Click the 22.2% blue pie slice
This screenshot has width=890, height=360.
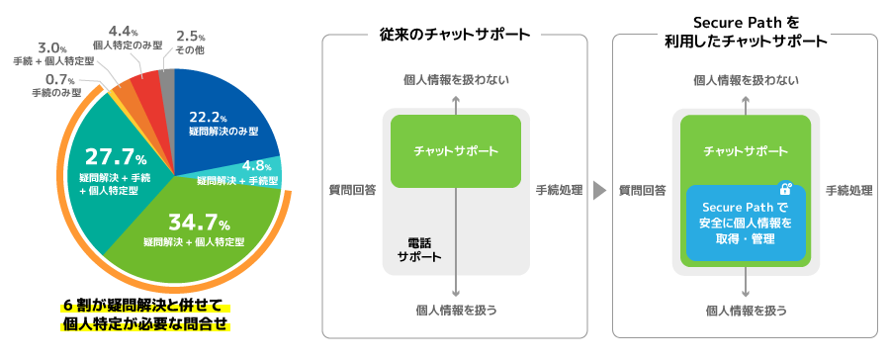tap(222, 114)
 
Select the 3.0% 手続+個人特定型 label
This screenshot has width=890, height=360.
tap(54, 53)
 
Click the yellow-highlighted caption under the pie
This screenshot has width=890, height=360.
tap(146, 314)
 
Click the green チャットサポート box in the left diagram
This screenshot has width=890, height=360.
tap(455, 151)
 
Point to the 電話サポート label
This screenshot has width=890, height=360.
tap(418, 248)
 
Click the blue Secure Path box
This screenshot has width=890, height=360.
tap(746, 224)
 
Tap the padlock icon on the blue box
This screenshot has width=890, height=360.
tap(785, 188)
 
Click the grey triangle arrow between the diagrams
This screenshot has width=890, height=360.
tap(599, 189)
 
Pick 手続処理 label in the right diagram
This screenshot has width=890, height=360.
tap(849, 189)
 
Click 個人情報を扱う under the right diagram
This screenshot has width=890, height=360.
tap(747, 311)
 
